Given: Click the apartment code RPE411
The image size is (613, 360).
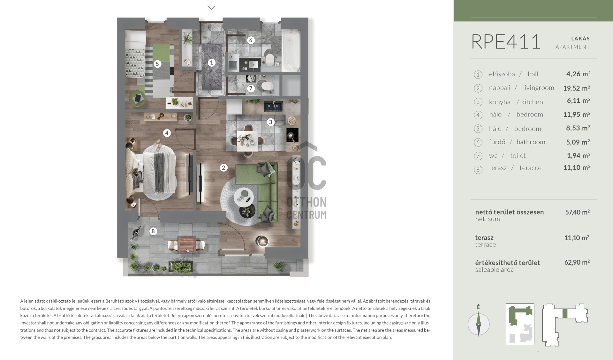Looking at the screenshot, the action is point(506,42).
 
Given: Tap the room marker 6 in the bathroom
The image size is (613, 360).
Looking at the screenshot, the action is point(251,40).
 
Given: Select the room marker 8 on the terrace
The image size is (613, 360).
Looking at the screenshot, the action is point(153,231).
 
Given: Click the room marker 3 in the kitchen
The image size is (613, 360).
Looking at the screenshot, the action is point(271,122).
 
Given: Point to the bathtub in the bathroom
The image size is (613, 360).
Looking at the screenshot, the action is point(291,50).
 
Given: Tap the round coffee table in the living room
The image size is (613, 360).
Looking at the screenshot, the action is point(244,197).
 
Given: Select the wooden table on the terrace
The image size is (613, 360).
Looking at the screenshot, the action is point(187,244).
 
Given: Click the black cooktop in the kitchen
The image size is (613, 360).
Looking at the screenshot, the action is point(292,135).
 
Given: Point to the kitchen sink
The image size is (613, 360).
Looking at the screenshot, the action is point(273,106).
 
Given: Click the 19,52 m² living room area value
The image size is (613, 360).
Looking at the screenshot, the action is point(577,88).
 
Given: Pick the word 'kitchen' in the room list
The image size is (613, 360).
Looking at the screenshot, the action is point(532,102).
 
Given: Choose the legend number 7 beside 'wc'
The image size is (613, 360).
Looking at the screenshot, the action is point(478,156).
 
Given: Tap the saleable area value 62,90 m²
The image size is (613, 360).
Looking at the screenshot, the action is point(577,262).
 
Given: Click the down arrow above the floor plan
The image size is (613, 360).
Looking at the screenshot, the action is point(211,7).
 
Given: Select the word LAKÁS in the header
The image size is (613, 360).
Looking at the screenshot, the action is point(580,39).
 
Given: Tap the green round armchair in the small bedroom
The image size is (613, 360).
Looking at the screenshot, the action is point(137,99).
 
